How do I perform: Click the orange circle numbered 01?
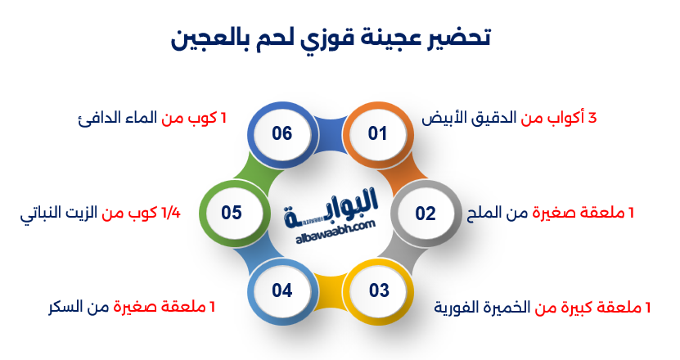pos(377,133)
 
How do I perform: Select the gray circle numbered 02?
pos(426,214)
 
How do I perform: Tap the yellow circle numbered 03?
pos(379,290)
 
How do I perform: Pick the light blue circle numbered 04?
pos(281,290)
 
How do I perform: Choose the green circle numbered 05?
pos(232,213)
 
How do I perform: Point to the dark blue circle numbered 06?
pos(281,133)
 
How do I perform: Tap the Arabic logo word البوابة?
pos(331,206)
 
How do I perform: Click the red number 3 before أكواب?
pos(592,118)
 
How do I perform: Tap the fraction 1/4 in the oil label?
pos(170,213)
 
